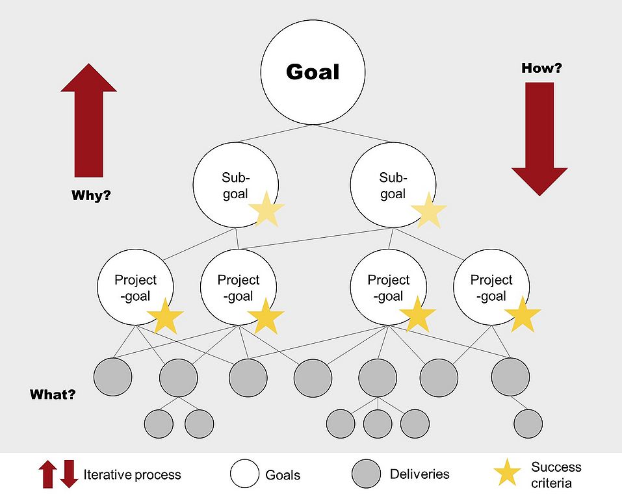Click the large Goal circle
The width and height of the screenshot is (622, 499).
(x=312, y=72)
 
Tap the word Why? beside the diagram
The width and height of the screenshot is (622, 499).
(x=90, y=194)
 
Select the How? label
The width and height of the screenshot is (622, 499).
(x=541, y=68)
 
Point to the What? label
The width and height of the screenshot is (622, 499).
(x=53, y=394)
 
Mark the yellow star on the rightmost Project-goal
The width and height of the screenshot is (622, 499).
(x=523, y=314)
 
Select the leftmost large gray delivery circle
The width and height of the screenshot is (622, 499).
(x=113, y=376)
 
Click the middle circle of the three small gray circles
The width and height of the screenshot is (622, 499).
(x=378, y=424)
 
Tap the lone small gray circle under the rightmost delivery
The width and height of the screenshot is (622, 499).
(x=528, y=424)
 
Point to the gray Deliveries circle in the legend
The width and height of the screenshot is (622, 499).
(x=366, y=474)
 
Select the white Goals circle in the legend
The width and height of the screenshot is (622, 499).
(x=244, y=474)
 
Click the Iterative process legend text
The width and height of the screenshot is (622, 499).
(x=132, y=475)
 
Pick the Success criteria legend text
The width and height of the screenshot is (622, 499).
(x=556, y=475)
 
